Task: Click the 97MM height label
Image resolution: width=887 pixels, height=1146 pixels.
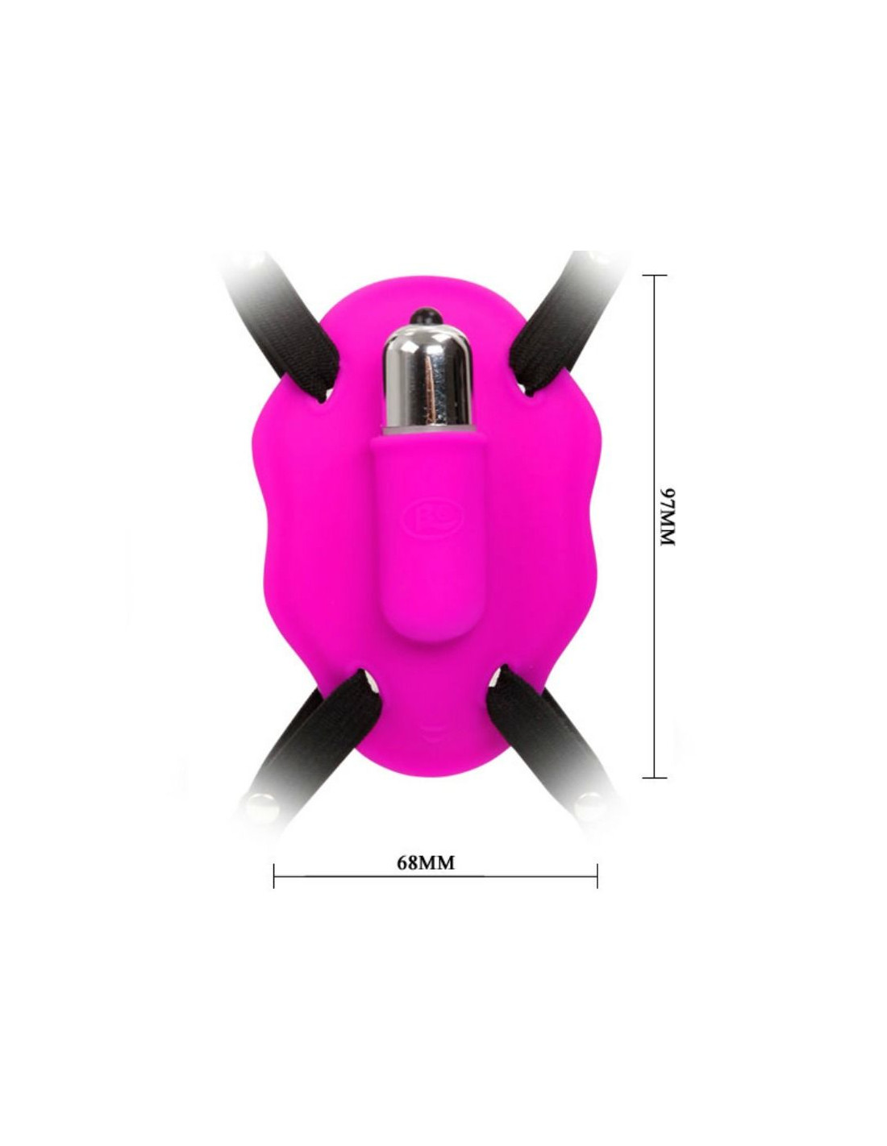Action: click(668, 517)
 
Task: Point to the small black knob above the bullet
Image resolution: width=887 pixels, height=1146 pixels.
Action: click(427, 315)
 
